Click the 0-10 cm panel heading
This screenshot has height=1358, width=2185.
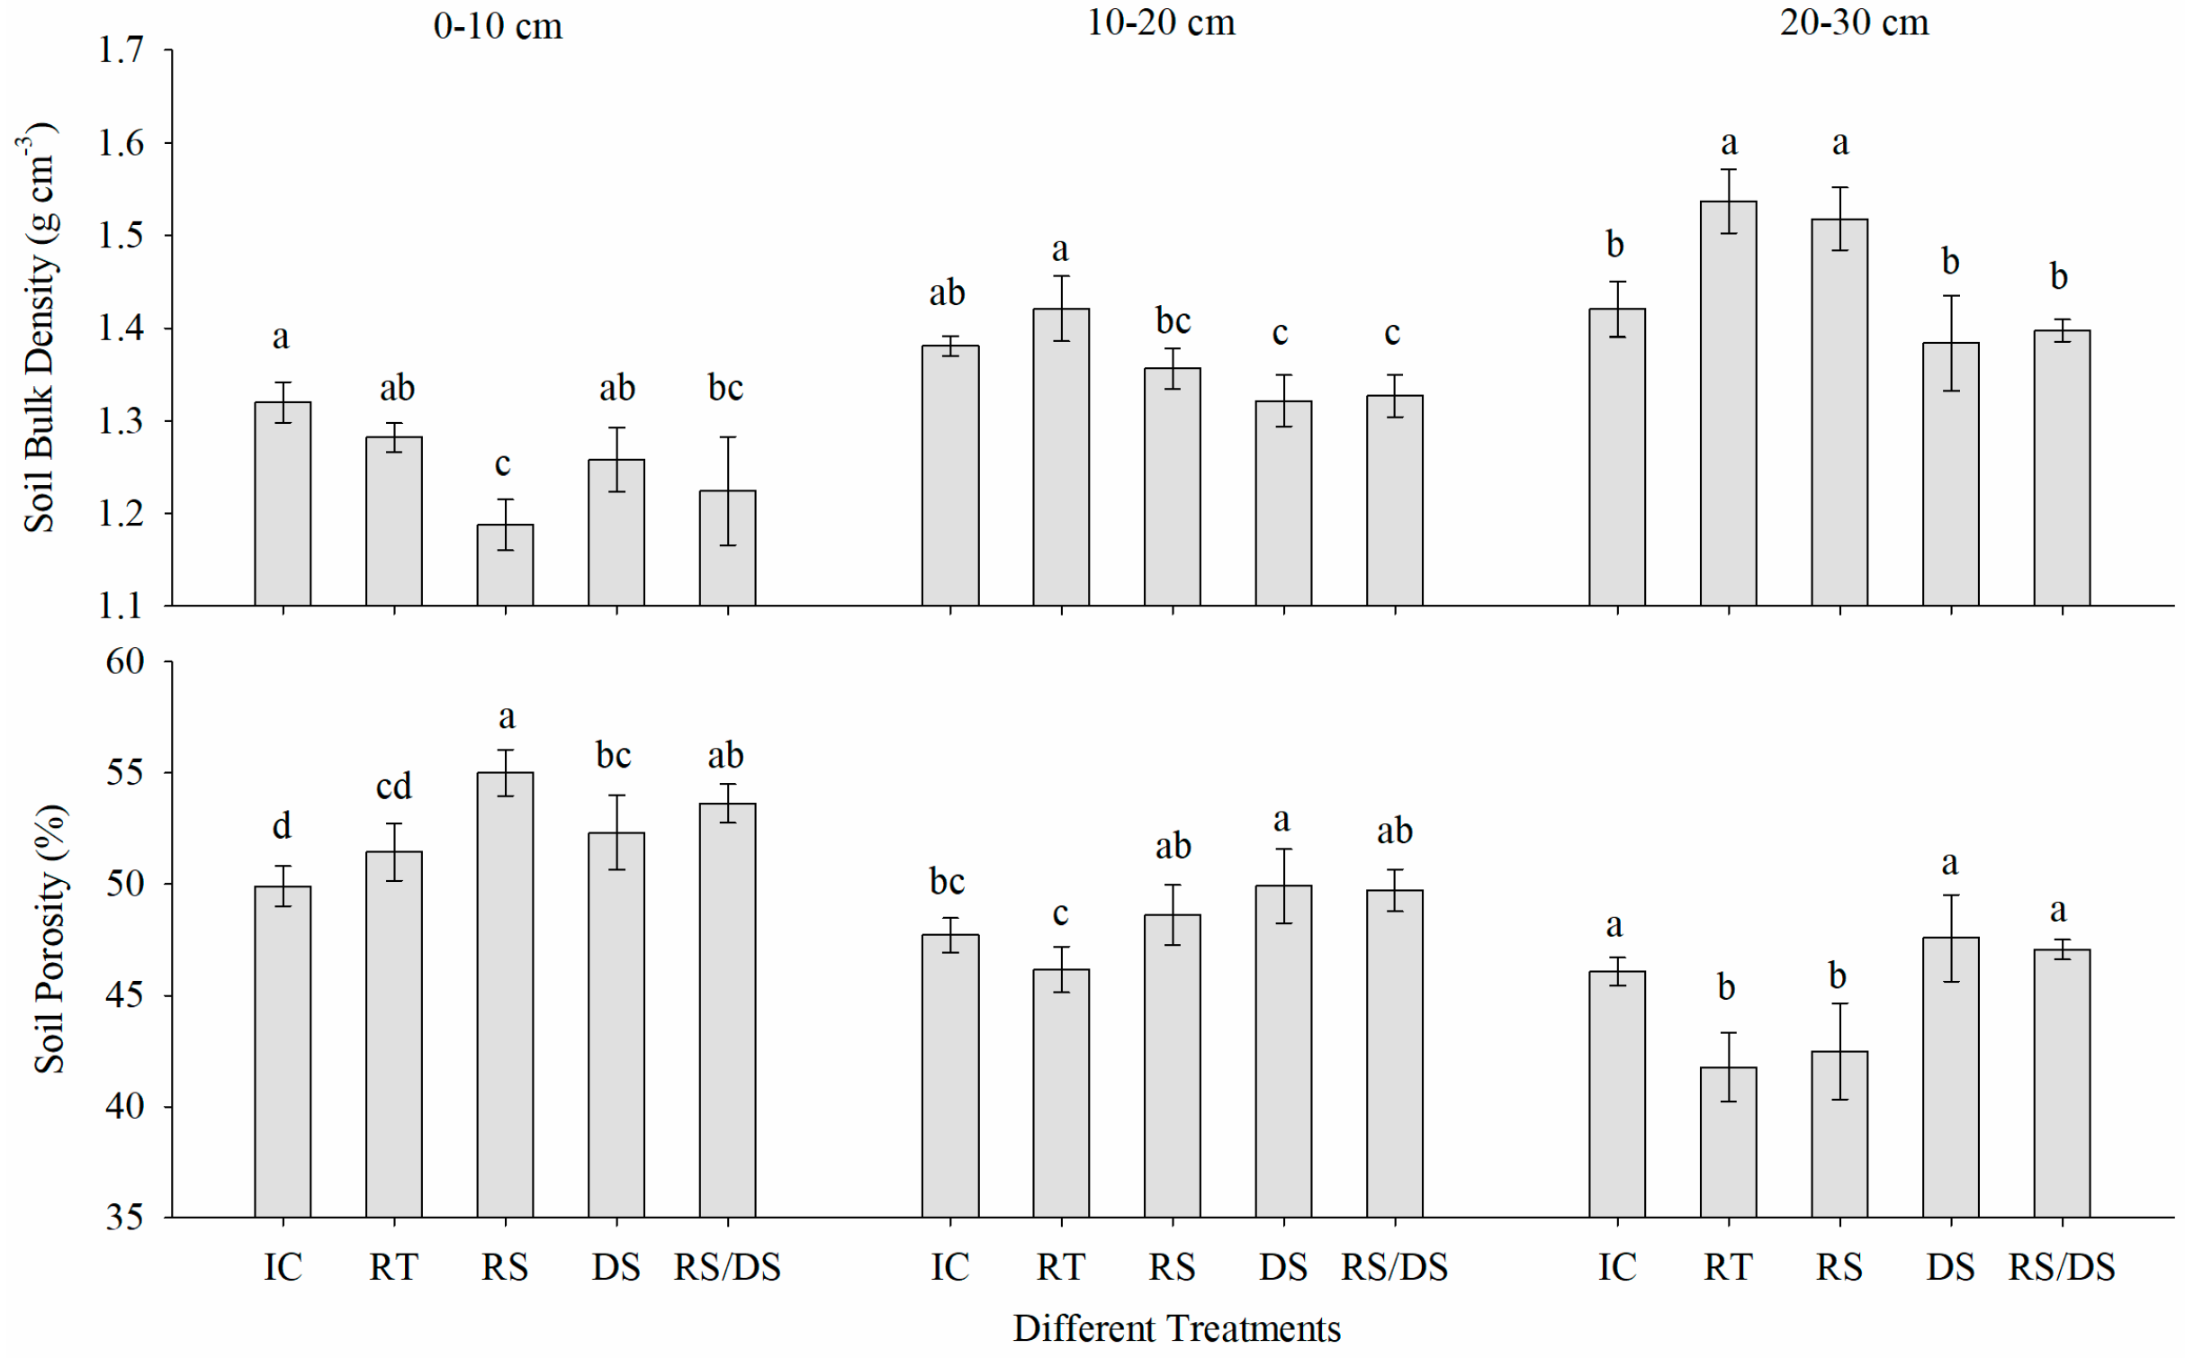[498, 25]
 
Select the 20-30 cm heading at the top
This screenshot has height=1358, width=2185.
[1854, 22]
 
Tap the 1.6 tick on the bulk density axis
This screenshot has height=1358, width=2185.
[121, 143]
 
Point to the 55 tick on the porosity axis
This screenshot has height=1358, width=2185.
[124, 773]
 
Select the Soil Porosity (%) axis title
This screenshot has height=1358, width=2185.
[49, 939]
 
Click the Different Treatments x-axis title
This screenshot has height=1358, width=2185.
[1176, 1328]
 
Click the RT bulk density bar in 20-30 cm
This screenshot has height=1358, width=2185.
[1728, 405]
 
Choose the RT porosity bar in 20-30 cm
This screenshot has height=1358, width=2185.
[1728, 1143]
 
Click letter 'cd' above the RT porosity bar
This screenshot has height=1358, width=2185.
[393, 787]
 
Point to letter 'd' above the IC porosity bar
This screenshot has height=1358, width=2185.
[282, 825]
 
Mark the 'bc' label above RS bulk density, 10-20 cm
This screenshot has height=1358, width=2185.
[1173, 321]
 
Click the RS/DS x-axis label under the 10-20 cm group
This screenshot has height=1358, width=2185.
[1394, 1267]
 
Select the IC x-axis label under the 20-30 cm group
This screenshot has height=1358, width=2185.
[1616, 1267]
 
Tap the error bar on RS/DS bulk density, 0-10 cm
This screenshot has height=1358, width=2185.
[728, 491]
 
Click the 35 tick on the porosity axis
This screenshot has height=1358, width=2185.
[124, 1218]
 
